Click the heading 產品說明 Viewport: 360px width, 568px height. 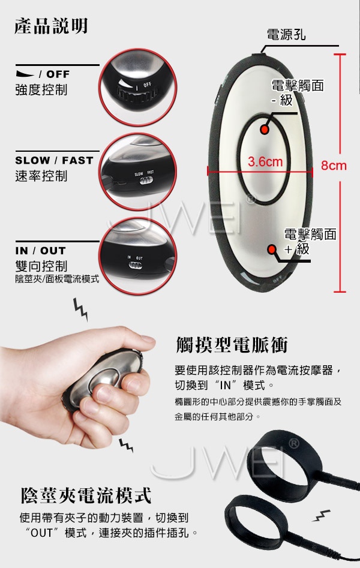click(51, 26)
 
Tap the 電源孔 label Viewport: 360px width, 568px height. click(286, 35)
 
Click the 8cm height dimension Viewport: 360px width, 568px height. click(334, 166)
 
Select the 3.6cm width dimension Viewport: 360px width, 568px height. click(265, 161)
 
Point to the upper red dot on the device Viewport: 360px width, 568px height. click(265, 130)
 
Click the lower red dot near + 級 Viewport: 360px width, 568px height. click(272, 250)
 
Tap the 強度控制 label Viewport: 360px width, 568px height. click(41, 89)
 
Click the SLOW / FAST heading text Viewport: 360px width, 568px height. click(54, 160)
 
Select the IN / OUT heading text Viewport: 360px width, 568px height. click(41, 251)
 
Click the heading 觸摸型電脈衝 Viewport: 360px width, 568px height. click(232, 345)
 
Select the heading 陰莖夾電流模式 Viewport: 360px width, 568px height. click(86, 495)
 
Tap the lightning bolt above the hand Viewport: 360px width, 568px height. click(80, 309)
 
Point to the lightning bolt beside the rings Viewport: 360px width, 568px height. click(322, 515)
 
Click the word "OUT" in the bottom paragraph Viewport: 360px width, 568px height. click(41, 533)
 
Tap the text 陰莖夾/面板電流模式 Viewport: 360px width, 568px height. click(57, 279)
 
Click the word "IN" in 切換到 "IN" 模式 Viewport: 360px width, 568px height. click(225, 385)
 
